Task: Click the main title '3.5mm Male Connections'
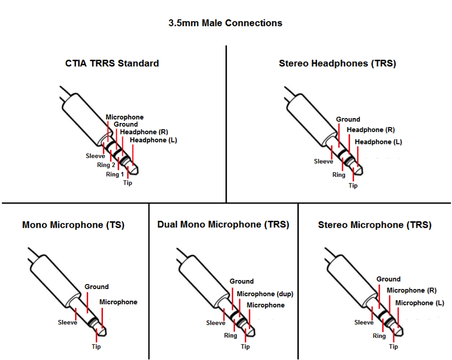[x=225, y=23]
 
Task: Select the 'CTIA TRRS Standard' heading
[x=112, y=63]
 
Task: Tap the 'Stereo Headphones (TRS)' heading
[x=337, y=63]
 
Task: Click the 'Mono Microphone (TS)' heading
[x=73, y=225]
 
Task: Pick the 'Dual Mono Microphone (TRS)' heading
[x=223, y=224]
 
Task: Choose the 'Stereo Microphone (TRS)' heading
[x=374, y=225]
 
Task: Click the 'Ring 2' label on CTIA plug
[x=106, y=165]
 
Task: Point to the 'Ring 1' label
[x=115, y=174]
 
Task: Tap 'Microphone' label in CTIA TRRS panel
[x=125, y=117]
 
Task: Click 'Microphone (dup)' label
[x=265, y=294]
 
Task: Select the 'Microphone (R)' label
[x=412, y=290]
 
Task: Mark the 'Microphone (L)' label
[x=420, y=303]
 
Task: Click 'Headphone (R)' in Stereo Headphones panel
[x=370, y=130]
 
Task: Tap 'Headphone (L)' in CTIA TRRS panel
[x=154, y=140]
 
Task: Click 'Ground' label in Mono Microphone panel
[x=96, y=287]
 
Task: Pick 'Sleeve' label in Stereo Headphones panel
[x=323, y=162]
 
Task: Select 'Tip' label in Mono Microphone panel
[x=96, y=346]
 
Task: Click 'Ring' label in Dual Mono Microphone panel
[x=231, y=335]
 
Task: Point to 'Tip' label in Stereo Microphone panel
[x=393, y=347]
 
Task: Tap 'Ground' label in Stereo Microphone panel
[x=388, y=279]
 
